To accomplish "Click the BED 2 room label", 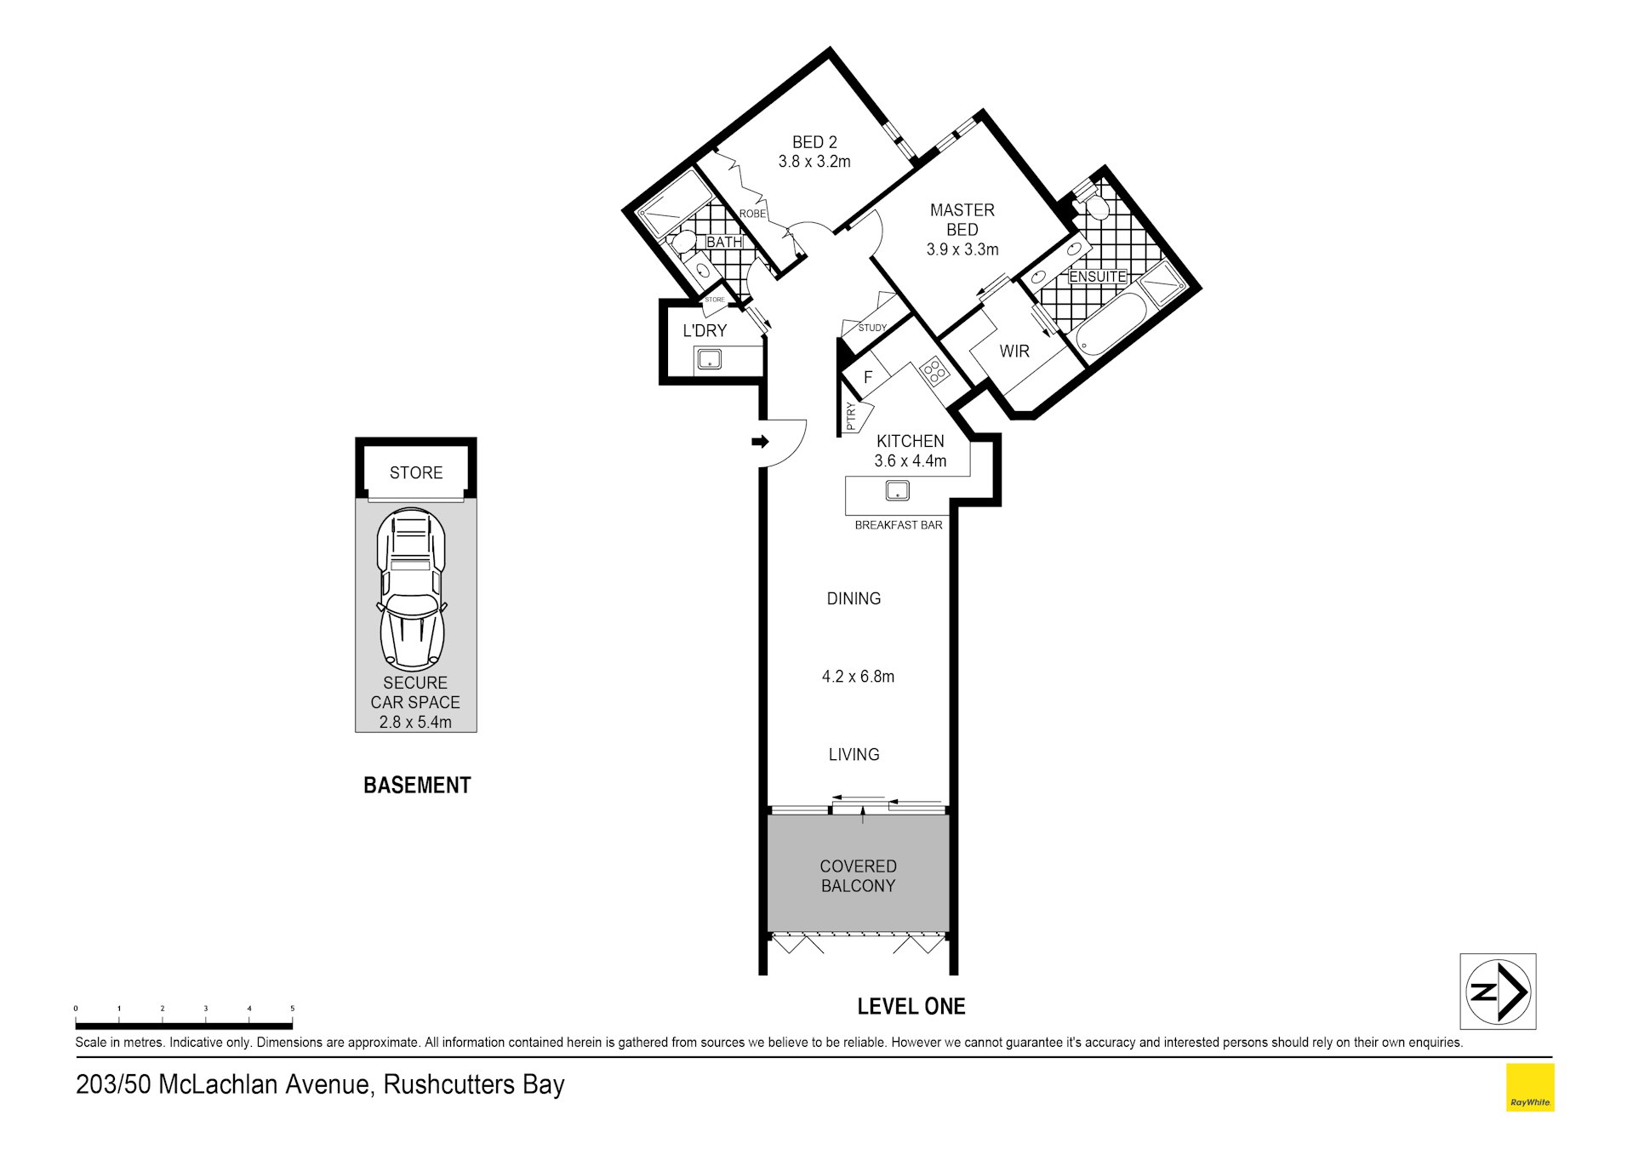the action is [814, 142].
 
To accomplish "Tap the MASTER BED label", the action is [962, 220].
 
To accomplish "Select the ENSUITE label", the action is [1098, 277].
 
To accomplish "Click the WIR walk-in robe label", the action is [1014, 351].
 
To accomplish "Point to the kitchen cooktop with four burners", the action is [934, 370].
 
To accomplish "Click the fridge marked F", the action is [867, 377].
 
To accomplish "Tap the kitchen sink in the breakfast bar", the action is [897, 490].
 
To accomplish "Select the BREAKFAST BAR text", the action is [899, 525].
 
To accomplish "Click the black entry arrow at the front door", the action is [760, 441].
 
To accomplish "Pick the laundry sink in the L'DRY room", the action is [709, 360].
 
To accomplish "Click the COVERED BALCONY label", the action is [858, 876].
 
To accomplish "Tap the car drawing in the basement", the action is [412, 588].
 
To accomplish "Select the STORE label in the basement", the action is [416, 472].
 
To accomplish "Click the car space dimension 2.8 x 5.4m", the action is [415, 722].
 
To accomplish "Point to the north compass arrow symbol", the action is [1499, 992].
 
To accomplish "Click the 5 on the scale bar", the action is [292, 1009].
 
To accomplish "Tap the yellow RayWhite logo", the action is [1530, 1087].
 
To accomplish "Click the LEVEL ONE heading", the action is [911, 1006].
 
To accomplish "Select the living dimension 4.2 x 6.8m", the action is [858, 677].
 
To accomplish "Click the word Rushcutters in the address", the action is [448, 1084].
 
